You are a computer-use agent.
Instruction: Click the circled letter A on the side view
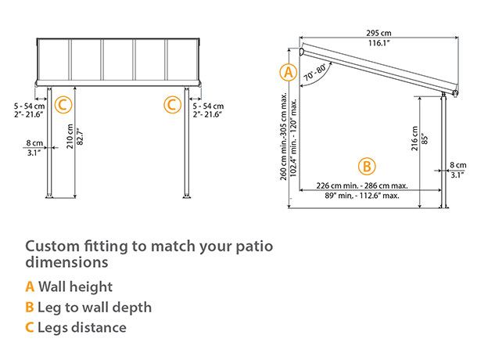coord(289,73)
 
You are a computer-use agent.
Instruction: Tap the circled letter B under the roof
coord(367,166)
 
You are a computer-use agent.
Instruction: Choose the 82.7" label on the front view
coord(80,140)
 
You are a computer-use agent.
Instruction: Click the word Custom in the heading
coord(52,246)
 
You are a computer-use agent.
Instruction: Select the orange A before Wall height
coord(30,287)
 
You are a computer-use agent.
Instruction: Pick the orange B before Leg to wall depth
coord(30,308)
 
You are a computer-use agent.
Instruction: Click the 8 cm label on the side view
coord(458,164)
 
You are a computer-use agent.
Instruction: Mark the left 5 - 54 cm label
coord(29,104)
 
